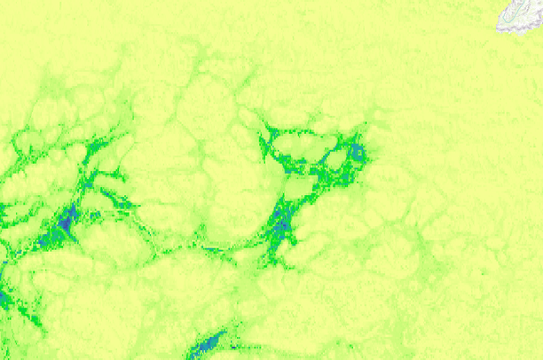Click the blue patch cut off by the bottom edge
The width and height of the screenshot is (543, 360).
[x=208, y=344]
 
